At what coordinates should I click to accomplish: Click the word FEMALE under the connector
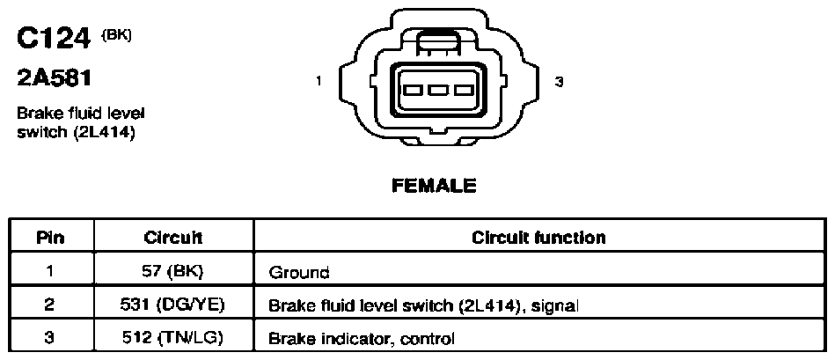(x=434, y=186)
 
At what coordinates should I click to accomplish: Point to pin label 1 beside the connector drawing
(x=319, y=82)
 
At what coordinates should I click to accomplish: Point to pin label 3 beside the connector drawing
(x=559, y=82)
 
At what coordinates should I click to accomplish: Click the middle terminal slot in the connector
(x=437, y=90)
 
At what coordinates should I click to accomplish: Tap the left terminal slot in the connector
(x=414, y=90)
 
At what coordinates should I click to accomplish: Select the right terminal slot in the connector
(x=463, y=90)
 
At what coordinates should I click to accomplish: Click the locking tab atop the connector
(x=437, y=42)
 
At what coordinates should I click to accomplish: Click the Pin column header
(x=50, y=238)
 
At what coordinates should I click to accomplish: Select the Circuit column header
(x=173, y=238)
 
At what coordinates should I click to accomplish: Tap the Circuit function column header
(x=538, y=238)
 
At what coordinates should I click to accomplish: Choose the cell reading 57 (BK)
(x=173, y=272)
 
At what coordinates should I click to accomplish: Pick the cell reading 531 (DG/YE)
(x=173, y=305)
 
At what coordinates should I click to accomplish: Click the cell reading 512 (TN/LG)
(x=173, y=338)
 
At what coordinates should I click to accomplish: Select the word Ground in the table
(x=299, y=273)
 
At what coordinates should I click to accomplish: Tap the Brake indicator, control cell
(x=362, y=339)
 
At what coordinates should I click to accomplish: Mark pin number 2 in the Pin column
(x=50, y=305)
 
